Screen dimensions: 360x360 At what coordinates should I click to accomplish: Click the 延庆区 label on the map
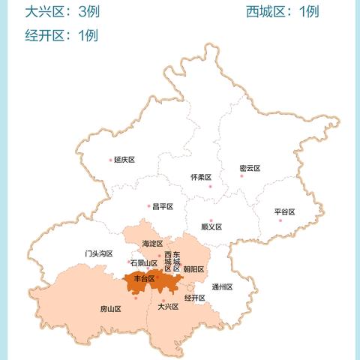pos(124,160)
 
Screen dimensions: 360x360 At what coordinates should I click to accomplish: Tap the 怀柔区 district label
pos(201,177)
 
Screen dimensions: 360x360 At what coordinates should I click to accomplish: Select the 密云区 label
pos(250,168)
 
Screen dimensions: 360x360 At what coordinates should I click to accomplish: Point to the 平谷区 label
pos(285,212)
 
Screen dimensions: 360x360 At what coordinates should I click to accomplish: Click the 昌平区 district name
pos(163,207)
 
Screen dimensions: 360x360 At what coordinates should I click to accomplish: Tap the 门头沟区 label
pos(99,253)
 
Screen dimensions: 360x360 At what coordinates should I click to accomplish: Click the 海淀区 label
pos(152,244)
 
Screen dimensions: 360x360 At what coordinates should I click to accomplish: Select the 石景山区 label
pos(143,263)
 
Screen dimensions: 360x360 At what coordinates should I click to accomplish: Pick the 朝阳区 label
pos(193,269)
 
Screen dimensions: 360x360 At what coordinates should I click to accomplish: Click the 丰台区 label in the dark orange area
pos(143,279)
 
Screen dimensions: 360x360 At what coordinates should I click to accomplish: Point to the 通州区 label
pos(222,286)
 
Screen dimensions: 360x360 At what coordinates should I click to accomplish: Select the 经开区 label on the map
pos(194,298)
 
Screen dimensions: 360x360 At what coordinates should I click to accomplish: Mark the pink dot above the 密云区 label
pos(241,175)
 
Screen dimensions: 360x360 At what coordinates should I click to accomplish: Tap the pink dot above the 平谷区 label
pos(280,220)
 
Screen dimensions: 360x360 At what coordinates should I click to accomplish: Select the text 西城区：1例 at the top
pos(283,11)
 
